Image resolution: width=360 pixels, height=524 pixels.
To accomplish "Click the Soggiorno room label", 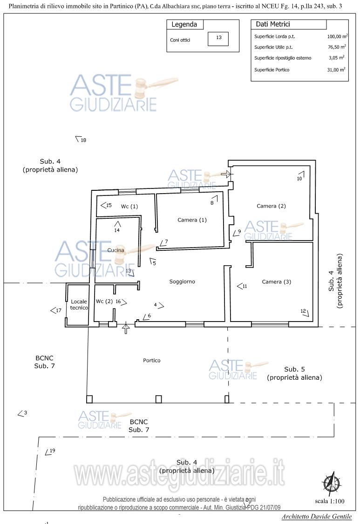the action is tap(182, 282).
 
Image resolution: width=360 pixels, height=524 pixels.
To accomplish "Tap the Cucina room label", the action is tap(116, 250).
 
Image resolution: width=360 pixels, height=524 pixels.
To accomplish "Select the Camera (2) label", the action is tap(271, 206).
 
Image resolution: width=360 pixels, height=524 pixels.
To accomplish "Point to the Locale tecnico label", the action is tap(79, 304).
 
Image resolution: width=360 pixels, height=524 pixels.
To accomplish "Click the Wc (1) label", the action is tap(129, 207).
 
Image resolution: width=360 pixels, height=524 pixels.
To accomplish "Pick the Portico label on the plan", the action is tap(151, 360).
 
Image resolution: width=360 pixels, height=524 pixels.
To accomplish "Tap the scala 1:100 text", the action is tap(330, 501).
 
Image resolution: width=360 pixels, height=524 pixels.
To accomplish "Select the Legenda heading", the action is tap(184, 24).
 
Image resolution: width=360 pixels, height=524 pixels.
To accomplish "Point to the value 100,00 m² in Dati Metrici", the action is tap(337, 36).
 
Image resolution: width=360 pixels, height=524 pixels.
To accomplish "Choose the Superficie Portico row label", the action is tap(272, 70).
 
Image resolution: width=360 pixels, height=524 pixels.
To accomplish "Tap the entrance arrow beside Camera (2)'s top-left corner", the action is tap(226, 174).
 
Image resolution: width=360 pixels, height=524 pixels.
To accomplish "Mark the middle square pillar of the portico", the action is tap(159, 399).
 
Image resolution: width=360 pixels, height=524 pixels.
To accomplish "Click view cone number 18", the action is tap(81, 139).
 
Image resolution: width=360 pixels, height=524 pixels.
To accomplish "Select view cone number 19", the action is tap(50, 451).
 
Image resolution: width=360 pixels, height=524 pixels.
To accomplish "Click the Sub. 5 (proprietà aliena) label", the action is tap(294, 373).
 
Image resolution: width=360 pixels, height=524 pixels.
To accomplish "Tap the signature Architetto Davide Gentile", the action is tap(317, 517).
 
